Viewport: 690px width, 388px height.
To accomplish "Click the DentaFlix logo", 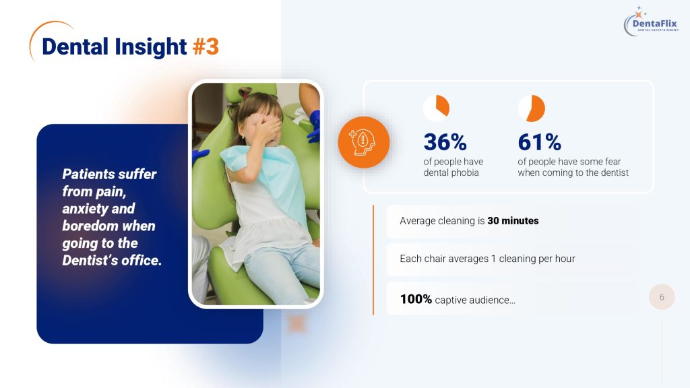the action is [x=652, y=22].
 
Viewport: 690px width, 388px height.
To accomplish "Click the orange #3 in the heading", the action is [x=206, y=46].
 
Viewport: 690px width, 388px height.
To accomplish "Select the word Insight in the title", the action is [x=151, y=47].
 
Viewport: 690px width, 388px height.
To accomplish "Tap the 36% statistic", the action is [x=445, y=142].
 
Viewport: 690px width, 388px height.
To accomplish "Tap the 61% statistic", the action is [x=540, y=142].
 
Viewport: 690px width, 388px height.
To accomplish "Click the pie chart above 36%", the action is [x=436, y=108].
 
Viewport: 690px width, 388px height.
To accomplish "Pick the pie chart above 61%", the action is [x=532, y=108].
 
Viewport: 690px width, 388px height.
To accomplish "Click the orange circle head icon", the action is [x=363, y=142].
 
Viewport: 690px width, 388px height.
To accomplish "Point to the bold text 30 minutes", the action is [x=513, y=221].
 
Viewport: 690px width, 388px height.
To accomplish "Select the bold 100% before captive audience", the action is [x=416, y=299].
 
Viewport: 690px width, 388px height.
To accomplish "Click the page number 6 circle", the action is [x=662, y=297].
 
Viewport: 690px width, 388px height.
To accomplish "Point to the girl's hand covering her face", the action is [x=267, y=128].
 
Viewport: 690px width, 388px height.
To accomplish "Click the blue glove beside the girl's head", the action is [x=314, y=125].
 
